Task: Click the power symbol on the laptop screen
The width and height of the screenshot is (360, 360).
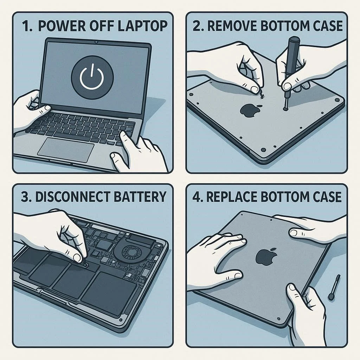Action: (x=92, y=77)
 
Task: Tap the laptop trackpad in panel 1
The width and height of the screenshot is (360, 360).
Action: (x=66, y=150)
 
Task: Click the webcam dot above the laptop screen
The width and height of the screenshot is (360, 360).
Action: (x=96, y=42)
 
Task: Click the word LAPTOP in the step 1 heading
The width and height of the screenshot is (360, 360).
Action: (x=142, y=26)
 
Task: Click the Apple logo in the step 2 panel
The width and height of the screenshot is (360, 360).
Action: (x=250, y=110)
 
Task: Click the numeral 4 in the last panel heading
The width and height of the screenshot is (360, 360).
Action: (x=197, y=197)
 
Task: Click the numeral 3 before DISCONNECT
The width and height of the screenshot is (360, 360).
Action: (x=25, y=197)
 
